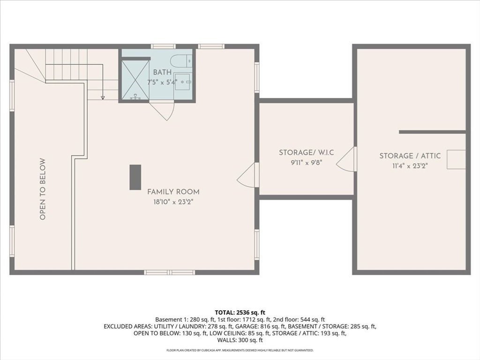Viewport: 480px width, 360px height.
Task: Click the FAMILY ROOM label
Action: point(173,192)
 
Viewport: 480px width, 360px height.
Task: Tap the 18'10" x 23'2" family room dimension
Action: point(173,202)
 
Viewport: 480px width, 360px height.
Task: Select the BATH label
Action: point(162,73)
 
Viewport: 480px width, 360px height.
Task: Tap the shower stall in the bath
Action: point(135,80)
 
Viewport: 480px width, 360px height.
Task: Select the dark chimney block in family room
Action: point(135,177)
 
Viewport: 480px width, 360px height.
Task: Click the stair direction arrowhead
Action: point(103,97)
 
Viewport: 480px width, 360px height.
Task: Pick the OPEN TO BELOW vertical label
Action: point(43,189)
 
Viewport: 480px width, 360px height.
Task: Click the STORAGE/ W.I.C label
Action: point(306,152)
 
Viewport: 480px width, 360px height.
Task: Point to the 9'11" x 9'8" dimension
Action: point(306,163)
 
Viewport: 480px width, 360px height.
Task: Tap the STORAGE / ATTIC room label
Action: point(410,156)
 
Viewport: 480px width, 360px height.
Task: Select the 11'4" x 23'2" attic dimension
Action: point(410,165)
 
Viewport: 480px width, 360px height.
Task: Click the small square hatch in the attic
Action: point(456,159)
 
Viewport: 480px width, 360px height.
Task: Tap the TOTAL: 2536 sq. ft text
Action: point(240,312)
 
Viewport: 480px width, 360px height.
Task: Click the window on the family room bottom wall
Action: point(169,272)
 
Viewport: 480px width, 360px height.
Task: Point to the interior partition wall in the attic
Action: point(432,132)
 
